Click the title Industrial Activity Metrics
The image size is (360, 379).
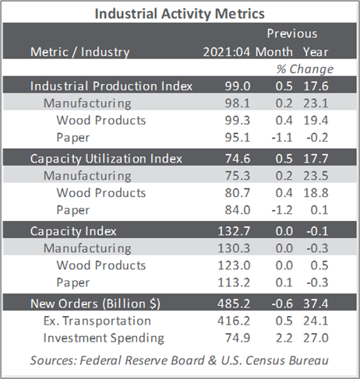180,14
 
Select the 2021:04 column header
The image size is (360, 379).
227,52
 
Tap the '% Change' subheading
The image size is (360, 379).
305,69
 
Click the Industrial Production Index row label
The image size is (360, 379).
111,86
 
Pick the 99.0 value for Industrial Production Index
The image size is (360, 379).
238,86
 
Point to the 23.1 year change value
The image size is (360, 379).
316,104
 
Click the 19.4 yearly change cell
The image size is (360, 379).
316,121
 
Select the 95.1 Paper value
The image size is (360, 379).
238,138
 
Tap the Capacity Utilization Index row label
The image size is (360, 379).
106,159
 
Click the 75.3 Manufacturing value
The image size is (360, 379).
238,176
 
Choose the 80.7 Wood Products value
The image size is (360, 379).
238,193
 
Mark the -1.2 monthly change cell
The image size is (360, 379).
282,210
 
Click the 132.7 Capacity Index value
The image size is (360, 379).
234,231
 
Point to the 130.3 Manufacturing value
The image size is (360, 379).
234,248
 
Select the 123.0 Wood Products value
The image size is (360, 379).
234,265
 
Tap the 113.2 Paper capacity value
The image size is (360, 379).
234,282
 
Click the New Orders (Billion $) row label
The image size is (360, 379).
95,304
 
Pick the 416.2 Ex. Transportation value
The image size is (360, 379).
234,321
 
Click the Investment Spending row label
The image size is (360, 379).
104,339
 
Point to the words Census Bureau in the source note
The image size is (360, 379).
287,360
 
